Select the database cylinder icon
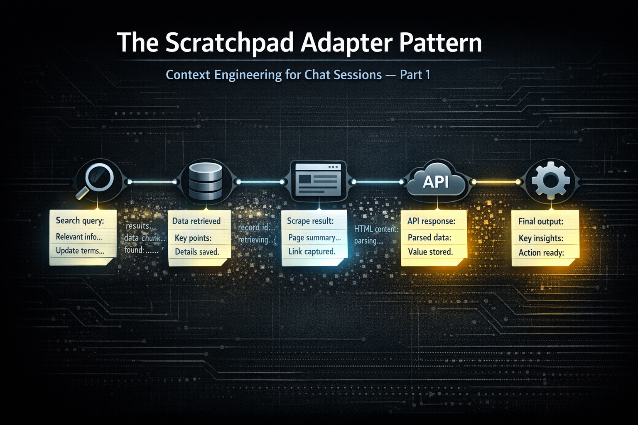click(x=205, y=181)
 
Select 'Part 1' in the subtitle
click(x=415, y=75)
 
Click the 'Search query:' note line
click(x=80, y=220)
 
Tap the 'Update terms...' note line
click(x=80, y=251)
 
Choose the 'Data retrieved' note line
click(x=196, y=221)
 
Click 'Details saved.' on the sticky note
click(x=197, y=252)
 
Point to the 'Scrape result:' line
click(x=310, y=221)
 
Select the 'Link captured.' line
click(x=312, y=252)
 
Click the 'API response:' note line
click(x=431, y=221)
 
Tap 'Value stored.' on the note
click(x=430, y=252)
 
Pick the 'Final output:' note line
click(x=541, y=221)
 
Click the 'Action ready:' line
click(x=541, y=252)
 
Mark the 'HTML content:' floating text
click(x=376, y=229)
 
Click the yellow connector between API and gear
click(x=496, y=182)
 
